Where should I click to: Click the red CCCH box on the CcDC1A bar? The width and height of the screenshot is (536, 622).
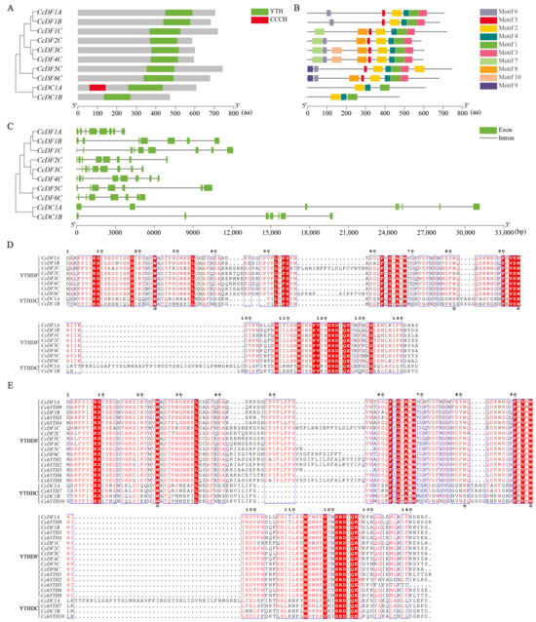click(97, 87)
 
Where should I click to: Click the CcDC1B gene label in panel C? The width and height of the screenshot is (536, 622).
click(49, 215)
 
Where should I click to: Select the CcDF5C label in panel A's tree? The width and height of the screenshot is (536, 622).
click(49, 68)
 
